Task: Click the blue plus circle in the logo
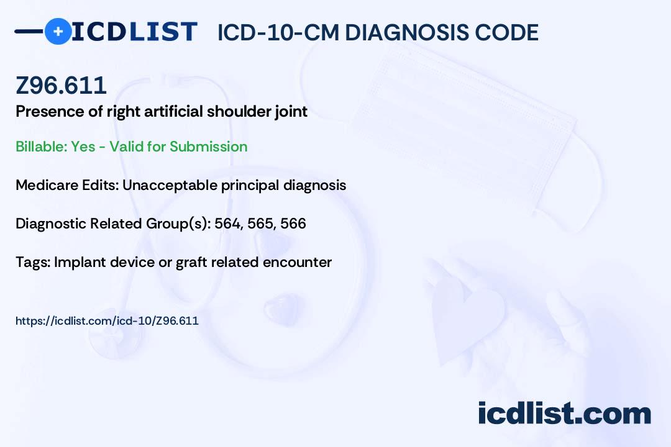pos(58,31)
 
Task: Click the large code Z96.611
pos(61,86)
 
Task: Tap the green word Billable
pos(42,147)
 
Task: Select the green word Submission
pos(208,147)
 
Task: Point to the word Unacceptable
pos(170,185)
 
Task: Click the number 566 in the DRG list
pos(293,223)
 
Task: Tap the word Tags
pos(33,262)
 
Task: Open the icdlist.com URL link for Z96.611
pos(107,321)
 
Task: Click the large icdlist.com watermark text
pos(564,413)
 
